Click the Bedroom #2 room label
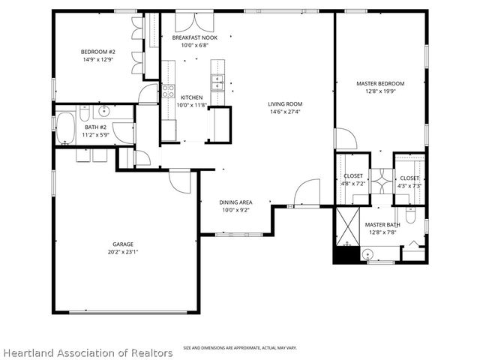tap(98, 52)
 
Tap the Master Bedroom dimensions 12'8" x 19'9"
tap(380, 91)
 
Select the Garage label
tap(123, 244)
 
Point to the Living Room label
tap(285, 104)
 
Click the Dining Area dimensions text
tap(235, 210)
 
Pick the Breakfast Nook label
tap(195, 37)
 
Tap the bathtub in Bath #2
tap(65, 128)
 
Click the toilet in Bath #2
tap(85, 113)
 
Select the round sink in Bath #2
tap(104, 110)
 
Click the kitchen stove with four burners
tap(168, 91)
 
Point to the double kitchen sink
tap(217, 82)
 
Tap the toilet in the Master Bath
tap(410, 215)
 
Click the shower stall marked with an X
tap(348, 226)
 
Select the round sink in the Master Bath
tap(367, 254)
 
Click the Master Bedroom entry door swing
tap(346, 139)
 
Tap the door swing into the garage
tap(180, 181)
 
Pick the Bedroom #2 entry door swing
tap(148, 94)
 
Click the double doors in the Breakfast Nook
tap(194, 22)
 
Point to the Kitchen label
tap(192, 97)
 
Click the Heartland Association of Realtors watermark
tap(88, 353)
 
